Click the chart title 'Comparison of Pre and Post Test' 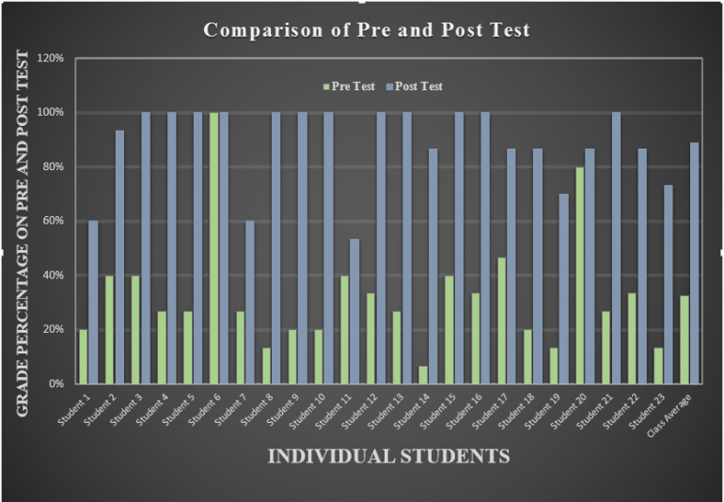367,30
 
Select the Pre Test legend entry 350,86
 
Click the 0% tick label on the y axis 55,384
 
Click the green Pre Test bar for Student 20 578,275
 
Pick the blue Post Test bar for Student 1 93,302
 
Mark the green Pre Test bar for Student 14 422,374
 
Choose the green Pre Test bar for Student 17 500,320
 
